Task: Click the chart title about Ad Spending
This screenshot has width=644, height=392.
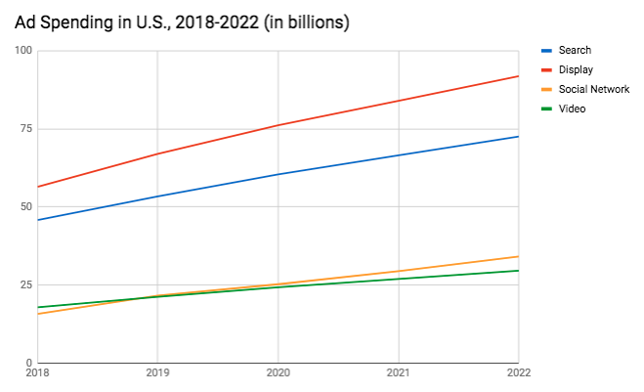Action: coord(181,22)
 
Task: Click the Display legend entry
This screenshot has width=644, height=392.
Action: coord(575,69)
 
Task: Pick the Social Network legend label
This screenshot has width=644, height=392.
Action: coord(593,89)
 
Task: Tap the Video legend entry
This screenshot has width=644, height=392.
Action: coord(572,109)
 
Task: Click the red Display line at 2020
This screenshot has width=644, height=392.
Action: coord(278,125)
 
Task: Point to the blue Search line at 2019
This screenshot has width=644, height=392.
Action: coord(156,196)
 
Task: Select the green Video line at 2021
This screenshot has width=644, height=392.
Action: coord(398,279)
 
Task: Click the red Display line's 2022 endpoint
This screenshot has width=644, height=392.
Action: coord(518,76)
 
